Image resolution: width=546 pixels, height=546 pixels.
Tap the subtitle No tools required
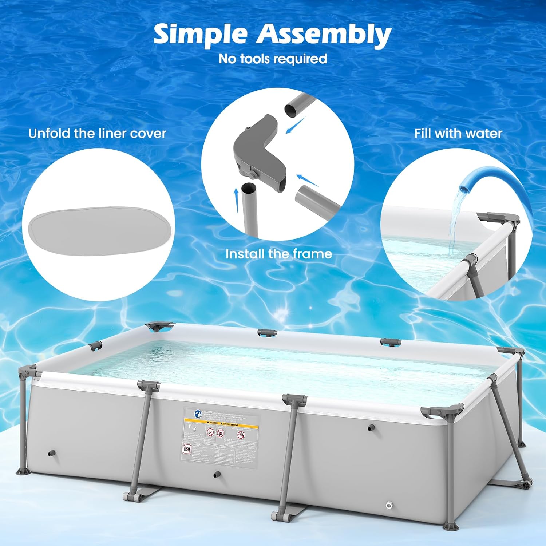click(x=273, y=59)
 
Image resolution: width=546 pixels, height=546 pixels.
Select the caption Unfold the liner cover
click(x=97, y=134)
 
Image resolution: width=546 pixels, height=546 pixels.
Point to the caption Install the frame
click(x=278, y=254)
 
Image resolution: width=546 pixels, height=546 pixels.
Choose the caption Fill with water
click(x=458, y=134)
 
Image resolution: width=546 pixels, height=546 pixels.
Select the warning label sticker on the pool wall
click(x=221, y=435)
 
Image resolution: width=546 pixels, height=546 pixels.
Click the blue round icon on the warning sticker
click(x=198, y=414)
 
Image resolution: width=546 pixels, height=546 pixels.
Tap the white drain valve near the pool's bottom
click(x=389, y=505)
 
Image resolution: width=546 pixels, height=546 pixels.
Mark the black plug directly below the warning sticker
click(x=217, y=474)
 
